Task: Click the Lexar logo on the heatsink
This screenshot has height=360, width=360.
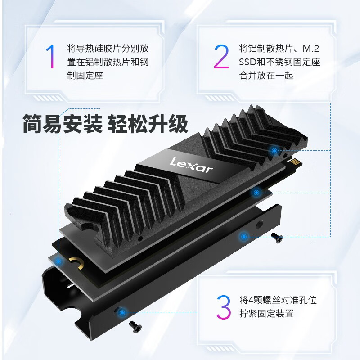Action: (x=191, y=165)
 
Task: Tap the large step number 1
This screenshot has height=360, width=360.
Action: (x=51, y=57)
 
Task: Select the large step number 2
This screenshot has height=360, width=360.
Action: (x=221, y=57)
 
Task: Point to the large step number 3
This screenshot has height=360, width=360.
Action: (x=223, y=307)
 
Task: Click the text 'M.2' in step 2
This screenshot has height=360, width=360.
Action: (x=311, y=49)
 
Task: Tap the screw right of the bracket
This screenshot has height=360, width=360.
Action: (x=277, y=238)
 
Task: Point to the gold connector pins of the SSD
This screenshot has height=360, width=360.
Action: (x=296, y=163)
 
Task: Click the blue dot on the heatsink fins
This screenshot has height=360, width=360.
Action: (x=274, y=151)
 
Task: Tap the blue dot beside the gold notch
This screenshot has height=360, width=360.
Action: (x=58, y=261)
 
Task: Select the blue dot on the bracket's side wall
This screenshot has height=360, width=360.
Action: (x=243, y=237)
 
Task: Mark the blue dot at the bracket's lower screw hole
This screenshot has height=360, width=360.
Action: (x=122, y=312)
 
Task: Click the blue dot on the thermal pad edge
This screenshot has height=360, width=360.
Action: (x=256, y=193)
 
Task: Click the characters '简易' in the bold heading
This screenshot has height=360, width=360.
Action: (x=42, y=124)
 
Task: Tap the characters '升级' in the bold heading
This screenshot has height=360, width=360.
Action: (x=168, y=124)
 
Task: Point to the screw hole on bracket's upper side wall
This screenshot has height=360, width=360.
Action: (x=260, y=223)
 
